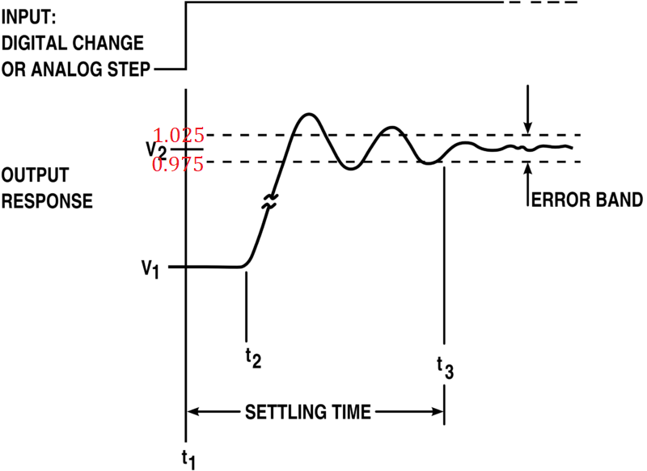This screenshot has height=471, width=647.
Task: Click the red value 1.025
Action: pyautogui.click(x=179, y=135)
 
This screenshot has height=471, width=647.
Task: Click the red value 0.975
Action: pyautogui.click(x=179, y=164)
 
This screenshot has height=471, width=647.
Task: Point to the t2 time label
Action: pyautogui.click(x=253, y=359)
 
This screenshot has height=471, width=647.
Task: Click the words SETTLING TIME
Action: pyautogui.click(x=308, y=412)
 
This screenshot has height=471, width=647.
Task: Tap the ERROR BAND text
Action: pyautogui.click(x=586, y=200)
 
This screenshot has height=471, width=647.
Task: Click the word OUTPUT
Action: pyautogui.click(x=35, y=175)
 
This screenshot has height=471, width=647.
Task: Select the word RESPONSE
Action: pyautogui.click(x=46, y=200)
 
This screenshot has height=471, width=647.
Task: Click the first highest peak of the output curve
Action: pyautogui.click(x=308, y=115)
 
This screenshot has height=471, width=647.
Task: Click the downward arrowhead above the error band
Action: pyautogui.click(x=528, y=127)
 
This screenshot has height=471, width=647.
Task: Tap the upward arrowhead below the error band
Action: pyautogui.click(x=528, y=169)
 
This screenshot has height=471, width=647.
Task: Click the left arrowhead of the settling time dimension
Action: pyautogui.click(x=194, y=412)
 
